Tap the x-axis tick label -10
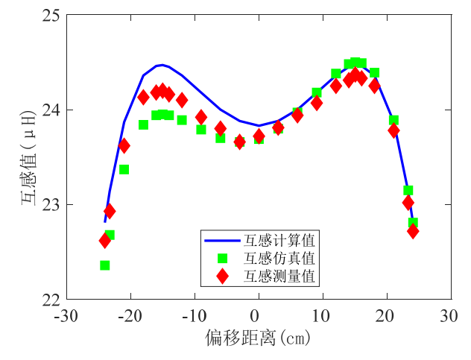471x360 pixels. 194,316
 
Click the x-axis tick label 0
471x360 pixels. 258,316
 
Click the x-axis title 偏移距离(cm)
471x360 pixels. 258,338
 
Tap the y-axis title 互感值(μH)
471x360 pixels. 28,157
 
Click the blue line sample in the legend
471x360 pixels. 221,241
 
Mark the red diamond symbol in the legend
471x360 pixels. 221,276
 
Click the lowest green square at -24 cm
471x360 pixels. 105,265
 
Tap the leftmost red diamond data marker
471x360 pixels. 105,240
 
